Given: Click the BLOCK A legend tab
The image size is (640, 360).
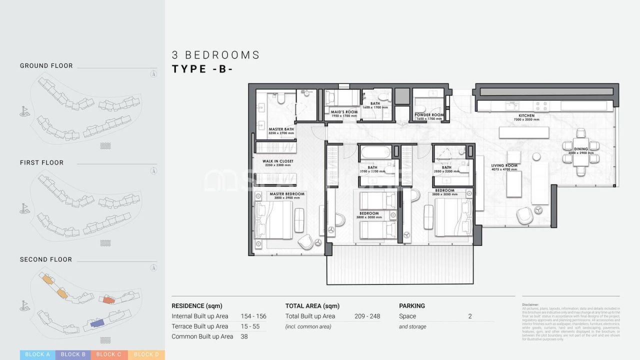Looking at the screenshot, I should click(37, 354).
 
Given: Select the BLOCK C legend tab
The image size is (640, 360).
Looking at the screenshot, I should click(109, 354).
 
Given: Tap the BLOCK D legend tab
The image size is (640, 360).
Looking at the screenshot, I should click(146, 354).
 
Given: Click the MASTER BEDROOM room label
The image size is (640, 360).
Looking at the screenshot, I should click(287, 194).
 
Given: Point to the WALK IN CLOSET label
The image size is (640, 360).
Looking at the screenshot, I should click(278, 161).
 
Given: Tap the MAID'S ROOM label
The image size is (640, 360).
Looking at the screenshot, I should click(344, 112).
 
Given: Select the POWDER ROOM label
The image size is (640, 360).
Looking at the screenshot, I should click(429, 115).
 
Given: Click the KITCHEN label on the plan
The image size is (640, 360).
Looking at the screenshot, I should click(526, 115).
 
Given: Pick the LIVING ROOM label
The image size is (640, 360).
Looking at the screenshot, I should click(504, 165).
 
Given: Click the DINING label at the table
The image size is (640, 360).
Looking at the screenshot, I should click(581, 149).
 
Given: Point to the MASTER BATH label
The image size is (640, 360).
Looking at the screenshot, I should click(281, 129).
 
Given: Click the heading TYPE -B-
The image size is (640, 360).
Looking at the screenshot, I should click(202, 69).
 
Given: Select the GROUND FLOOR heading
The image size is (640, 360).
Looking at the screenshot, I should click(46, 65).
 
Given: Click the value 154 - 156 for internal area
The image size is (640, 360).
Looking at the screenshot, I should click(253, 316).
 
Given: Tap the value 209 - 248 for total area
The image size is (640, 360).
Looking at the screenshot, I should click(367, 316).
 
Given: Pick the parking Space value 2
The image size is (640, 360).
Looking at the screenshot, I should click(470, 316).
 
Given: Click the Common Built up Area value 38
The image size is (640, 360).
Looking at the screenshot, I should click(244, 336).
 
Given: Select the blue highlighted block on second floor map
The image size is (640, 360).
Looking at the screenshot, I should click(97, 323).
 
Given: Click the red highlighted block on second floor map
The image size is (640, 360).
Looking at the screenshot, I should click(107, 299).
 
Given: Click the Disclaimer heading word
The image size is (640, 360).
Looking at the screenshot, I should click(530, 304).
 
